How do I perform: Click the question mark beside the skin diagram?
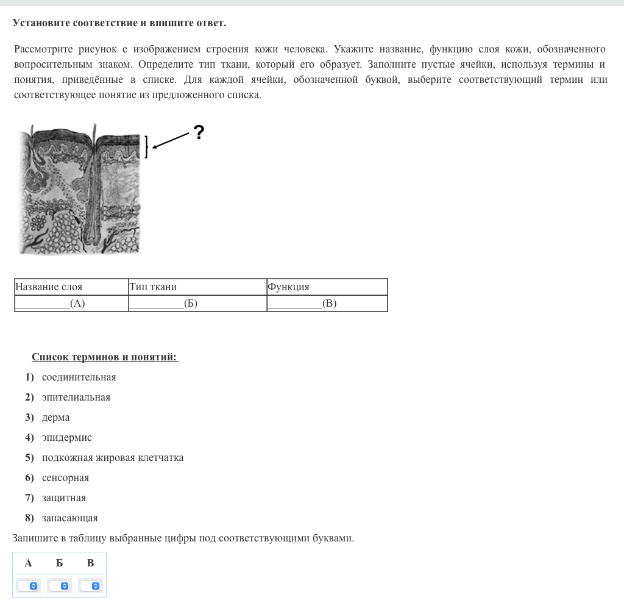click(198, 132)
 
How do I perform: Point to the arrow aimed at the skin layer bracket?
click(172, 140)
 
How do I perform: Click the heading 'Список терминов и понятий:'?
click(105, 357)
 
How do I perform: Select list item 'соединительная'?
click(79, 377)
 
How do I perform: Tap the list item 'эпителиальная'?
click(76, 398)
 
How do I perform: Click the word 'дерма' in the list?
click(56, 418)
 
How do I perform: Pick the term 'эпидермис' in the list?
click(67, 438)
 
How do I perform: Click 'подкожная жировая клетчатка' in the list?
click(113, 458)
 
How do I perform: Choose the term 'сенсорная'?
click(65, 478)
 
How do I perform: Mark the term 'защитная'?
click(64, 498)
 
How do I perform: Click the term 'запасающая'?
click(69, 518)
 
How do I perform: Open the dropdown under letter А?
click(29, 586)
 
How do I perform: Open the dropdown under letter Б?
click(60, 586)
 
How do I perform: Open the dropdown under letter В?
click(90, 586)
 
